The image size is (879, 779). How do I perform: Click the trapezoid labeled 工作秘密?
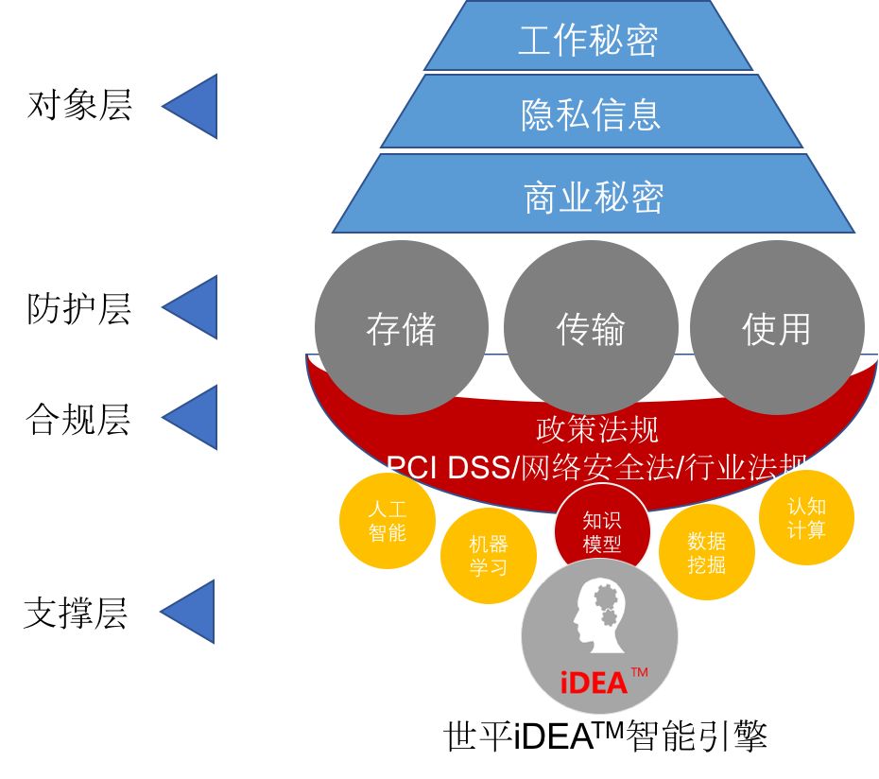click(x=588, y=39)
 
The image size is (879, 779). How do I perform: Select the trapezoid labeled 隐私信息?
click(x=591, y=113)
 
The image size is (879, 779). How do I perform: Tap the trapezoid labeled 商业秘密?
click(x=594, y=197)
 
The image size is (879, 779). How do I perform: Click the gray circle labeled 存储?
click(x=402, y=328)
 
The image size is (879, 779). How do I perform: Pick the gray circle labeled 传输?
click(x=591, y=328)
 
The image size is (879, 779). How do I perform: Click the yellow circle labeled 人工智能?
click(x=388, y=521)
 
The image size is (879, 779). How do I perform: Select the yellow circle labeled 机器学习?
click(x=489, y=556)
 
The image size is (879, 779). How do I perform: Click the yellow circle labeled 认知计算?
click(x=806, y=518)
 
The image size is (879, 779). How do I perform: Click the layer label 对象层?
click(x=79, y=105)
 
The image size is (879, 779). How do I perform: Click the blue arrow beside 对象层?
click(x=193, y=106)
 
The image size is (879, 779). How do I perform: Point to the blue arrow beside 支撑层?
click(x=191, y=612)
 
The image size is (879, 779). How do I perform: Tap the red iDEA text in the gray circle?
click(x=595, y=683)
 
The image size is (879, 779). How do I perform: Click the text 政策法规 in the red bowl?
click(x=597, y=429)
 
